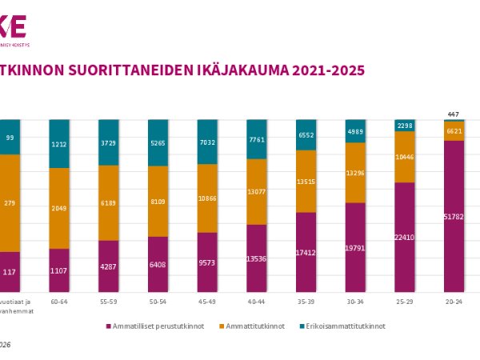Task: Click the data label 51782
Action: [454, 216]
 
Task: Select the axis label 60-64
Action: [59, 302]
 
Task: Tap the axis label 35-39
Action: [307, 302]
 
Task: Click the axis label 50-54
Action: [158, 302]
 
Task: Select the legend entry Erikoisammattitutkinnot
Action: [347, 326]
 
